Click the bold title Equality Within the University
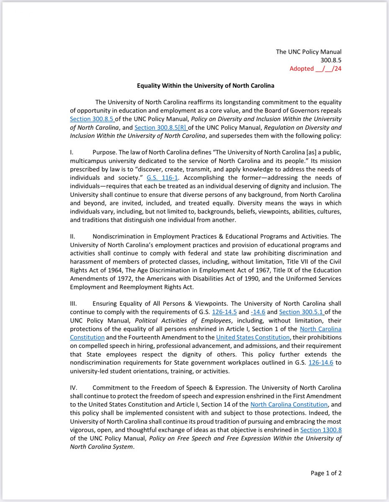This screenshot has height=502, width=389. coord(205,85)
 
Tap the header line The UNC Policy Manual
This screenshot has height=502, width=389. coord(309,52)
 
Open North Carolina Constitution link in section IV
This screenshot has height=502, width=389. coord(289,405)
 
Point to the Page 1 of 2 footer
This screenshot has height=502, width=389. coord(326,473)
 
